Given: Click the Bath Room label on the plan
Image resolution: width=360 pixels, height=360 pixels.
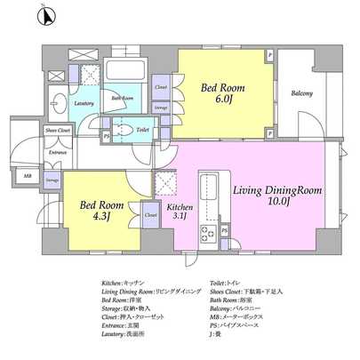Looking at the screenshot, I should tap(123, 98).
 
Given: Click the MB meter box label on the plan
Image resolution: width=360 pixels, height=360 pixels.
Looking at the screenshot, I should tap(28, 176).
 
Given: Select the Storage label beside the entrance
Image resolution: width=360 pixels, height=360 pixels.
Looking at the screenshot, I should tap(52, 181).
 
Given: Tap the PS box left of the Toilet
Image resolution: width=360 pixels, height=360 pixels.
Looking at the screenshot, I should tap(108, 136).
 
